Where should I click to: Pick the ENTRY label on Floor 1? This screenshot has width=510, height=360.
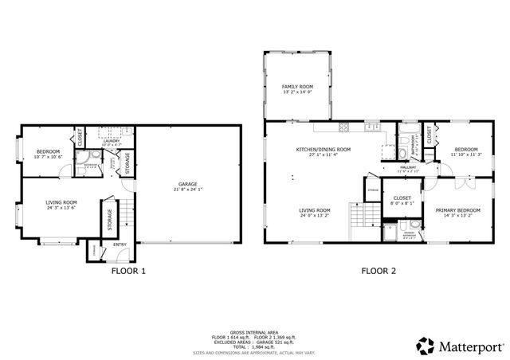120,245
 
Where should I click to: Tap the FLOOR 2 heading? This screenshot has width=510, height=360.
379,271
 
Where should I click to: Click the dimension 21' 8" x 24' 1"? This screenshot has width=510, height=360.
187,189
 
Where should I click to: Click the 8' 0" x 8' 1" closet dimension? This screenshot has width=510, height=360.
402,203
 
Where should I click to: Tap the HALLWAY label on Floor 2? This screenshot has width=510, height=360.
408,167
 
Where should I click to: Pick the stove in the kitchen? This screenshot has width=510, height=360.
344,127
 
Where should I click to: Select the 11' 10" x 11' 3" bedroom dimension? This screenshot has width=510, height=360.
465,155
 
